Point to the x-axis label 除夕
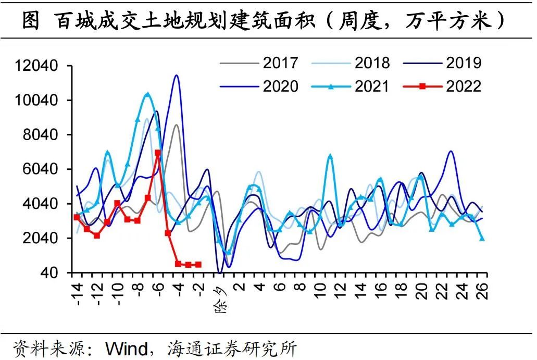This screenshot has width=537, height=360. pos(219,298)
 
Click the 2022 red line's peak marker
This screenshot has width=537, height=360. pos(158,153)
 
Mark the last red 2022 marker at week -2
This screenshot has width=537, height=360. pos(198,265)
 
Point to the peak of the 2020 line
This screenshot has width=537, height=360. pos(177,76)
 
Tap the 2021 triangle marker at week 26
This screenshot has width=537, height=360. pos(482,238)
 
